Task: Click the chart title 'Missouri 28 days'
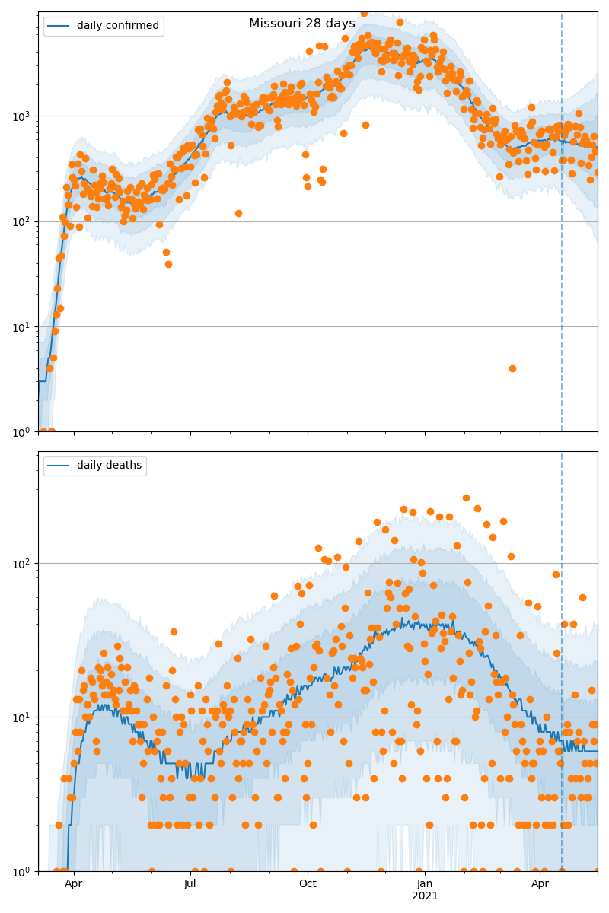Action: coord(302,24)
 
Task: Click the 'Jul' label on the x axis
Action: coord(190,884)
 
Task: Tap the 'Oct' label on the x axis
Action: coord(308,884)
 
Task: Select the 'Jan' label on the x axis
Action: coord(425,884)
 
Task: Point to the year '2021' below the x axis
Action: coord(425,896)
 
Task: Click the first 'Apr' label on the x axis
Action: coord(74,884)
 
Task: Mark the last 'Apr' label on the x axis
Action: coord(540,884)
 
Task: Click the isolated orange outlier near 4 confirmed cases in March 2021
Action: coord(512,368)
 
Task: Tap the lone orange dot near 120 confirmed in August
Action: coord(238,213)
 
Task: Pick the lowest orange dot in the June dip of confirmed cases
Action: coord(168,264)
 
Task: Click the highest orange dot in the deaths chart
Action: coord(466,498)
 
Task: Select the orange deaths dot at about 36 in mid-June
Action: coord(174,631)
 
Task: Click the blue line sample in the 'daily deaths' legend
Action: coord(59,466)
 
